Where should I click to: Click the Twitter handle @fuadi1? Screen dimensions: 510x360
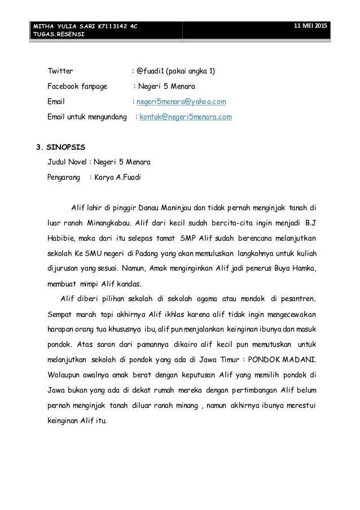point(153,72)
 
